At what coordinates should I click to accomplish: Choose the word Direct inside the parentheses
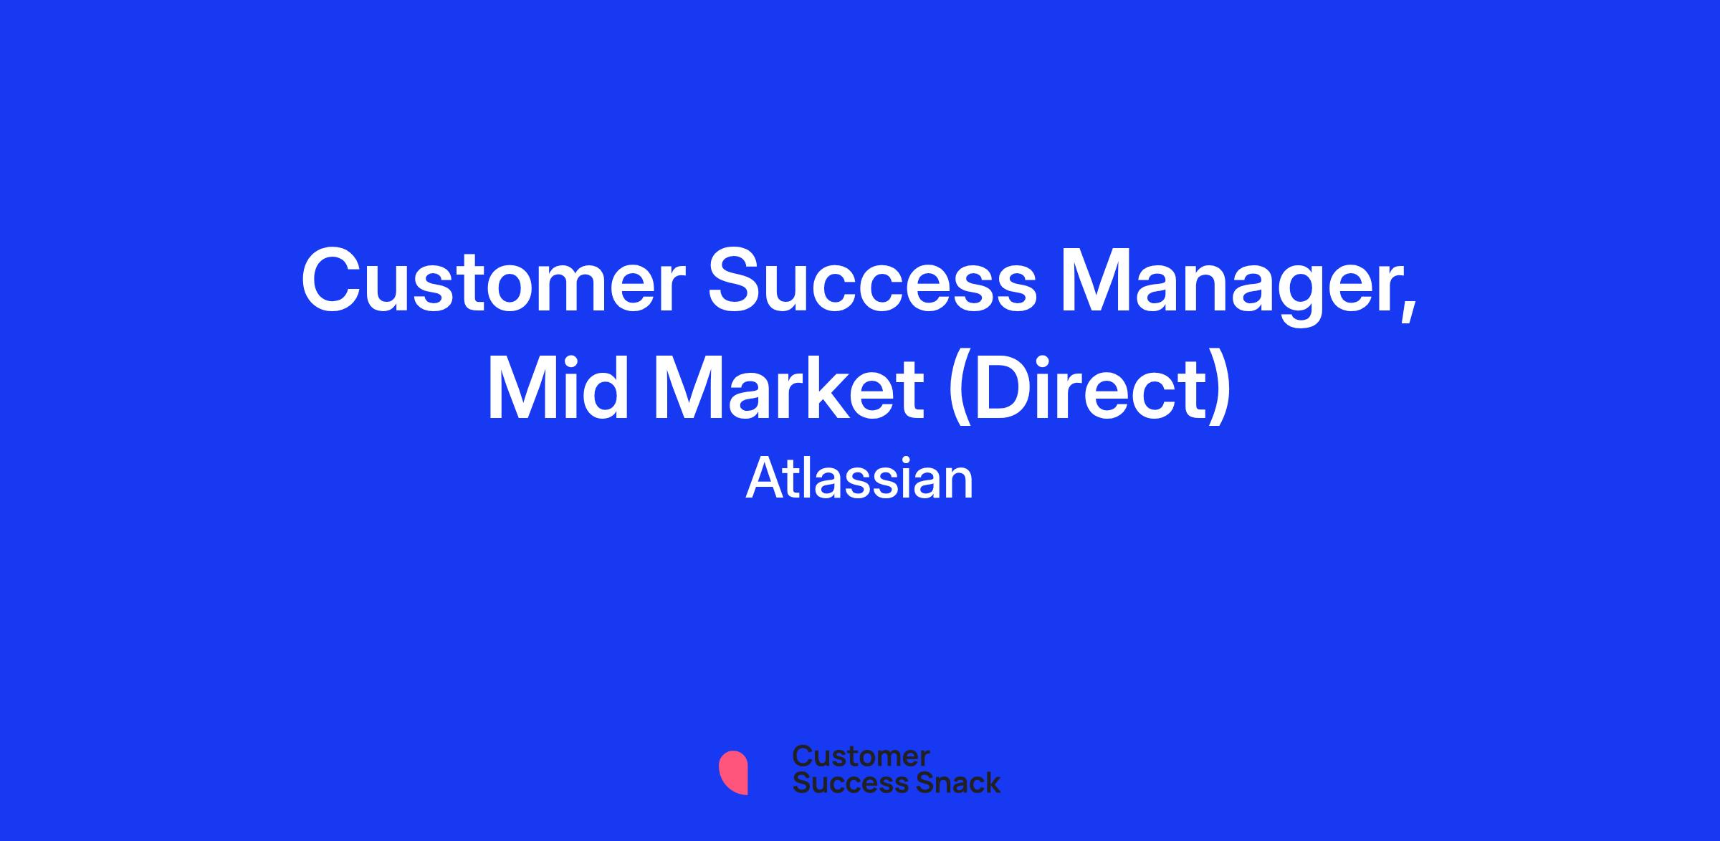(x=1086, y=389)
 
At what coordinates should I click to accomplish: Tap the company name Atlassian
(x=860, y=478)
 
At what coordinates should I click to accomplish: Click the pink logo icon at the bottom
(x=733, y=772)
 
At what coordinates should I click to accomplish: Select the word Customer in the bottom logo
(x=861, y=756)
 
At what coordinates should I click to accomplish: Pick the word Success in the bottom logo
(x=841, y=782)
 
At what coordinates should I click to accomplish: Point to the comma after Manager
(x=1409, y=313)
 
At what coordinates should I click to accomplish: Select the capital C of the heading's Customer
(x=333, y=280)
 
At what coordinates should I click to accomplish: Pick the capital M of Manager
(x=1099, y=280)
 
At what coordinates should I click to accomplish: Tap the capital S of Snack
(x=907, y=782)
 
